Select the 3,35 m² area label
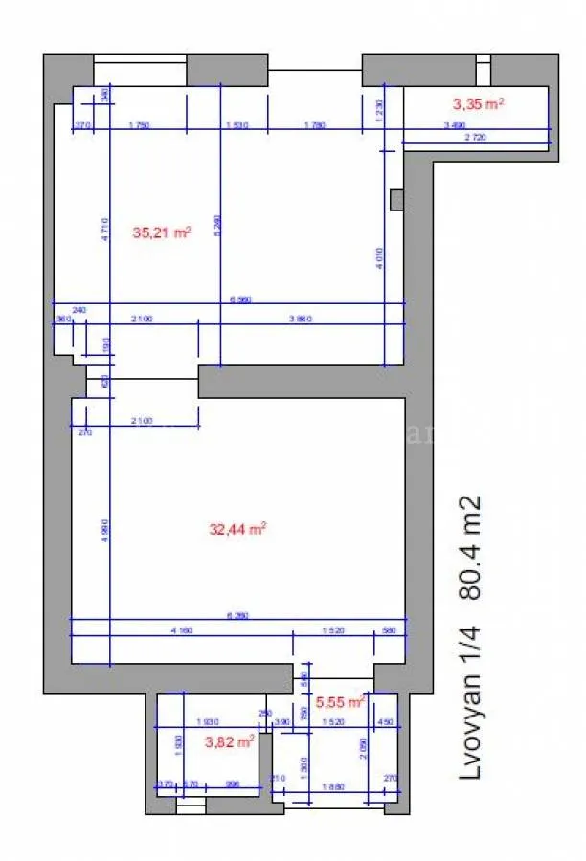point(479,103)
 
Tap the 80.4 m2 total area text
point(470,548)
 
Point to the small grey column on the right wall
point(396,198)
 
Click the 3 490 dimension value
point(455,125)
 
